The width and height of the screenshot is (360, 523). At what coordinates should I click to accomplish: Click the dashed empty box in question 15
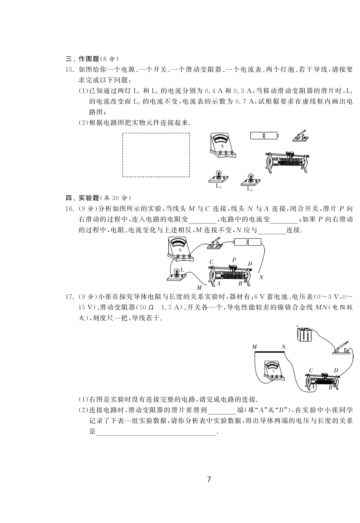tap(156, 155)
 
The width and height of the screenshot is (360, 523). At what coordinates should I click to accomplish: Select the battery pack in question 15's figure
tap(265, 136)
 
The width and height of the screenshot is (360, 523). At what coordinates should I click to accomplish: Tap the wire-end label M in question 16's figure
tap(199, 288)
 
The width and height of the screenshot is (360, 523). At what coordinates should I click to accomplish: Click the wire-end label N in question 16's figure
tap(261, 278)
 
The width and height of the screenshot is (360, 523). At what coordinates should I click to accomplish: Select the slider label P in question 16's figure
tap(234, 260)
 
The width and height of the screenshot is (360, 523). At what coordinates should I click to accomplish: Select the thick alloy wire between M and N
tap(269, 352)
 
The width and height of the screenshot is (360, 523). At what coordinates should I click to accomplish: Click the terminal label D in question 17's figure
tap(335, 370)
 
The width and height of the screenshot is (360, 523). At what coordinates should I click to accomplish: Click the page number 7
tap(209, 479)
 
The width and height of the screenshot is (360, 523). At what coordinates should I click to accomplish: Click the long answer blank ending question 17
tap(156, 431)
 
